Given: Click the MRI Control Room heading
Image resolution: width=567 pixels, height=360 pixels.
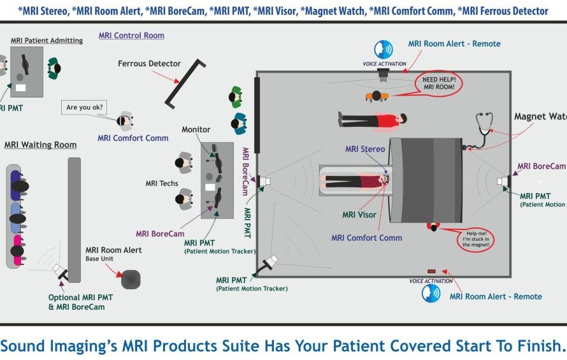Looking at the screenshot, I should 131,36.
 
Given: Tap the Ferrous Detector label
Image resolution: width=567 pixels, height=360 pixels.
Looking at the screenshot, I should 149,64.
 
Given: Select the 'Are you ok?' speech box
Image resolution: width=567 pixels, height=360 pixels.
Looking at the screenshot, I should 85,107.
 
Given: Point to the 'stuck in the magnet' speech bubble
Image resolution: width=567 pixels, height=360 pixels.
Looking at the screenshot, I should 475,238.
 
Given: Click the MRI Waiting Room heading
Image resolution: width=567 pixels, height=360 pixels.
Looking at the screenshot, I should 40,145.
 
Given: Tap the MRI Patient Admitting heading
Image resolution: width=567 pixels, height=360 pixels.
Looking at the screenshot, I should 47,41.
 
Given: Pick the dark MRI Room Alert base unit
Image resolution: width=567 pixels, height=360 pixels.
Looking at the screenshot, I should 131,279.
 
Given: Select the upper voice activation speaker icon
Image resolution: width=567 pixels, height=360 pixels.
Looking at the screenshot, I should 384,49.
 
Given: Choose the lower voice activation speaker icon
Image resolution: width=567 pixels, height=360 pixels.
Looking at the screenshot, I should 431,293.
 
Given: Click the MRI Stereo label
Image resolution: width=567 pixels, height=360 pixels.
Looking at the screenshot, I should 365,149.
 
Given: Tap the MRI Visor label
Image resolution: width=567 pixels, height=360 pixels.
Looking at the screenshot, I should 359,215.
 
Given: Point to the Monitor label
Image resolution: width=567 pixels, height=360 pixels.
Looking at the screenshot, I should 196,130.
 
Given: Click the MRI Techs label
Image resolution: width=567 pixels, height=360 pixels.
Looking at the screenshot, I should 162,184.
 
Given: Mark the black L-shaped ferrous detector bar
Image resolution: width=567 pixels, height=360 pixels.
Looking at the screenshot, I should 185,83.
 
